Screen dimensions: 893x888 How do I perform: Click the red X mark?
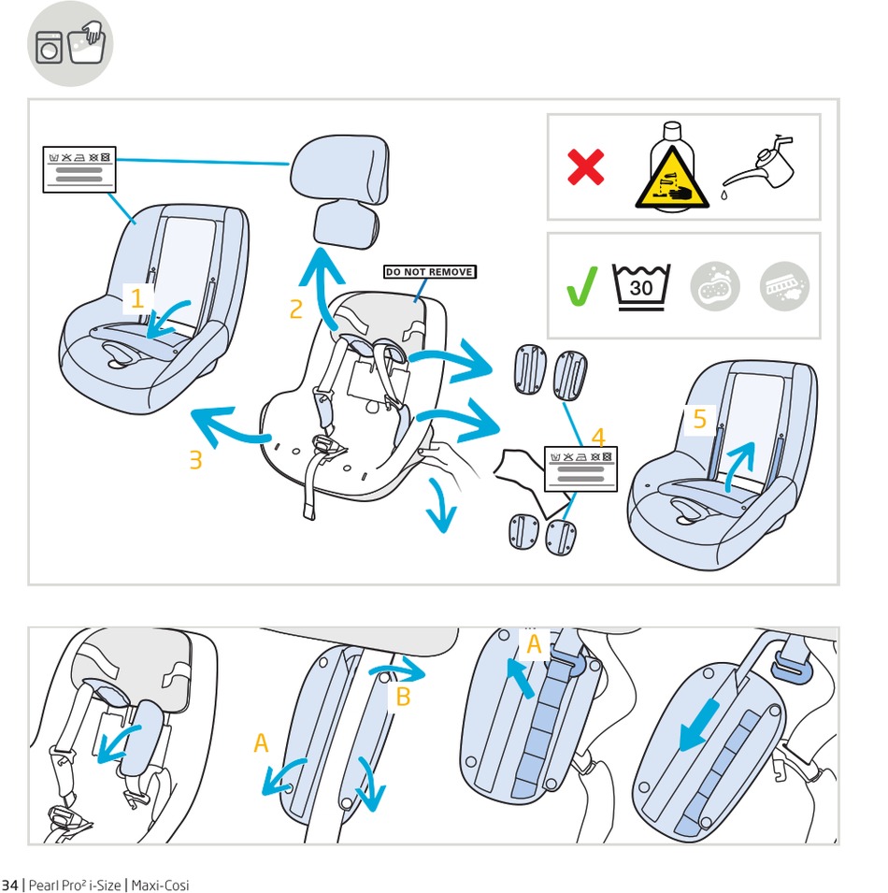586,167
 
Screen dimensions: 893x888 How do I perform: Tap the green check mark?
582,285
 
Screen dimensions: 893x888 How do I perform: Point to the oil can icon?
758,166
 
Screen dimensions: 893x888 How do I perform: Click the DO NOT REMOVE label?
429,272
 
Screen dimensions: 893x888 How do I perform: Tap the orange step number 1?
137,299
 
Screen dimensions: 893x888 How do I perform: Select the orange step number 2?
296,309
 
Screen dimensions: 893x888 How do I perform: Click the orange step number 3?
195,460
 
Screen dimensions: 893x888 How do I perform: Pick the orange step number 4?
598,436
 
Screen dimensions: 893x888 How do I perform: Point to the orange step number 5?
700,420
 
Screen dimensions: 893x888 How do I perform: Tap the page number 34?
10,885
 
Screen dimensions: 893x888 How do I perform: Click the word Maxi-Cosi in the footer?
160,885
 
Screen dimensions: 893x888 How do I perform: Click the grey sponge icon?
715,285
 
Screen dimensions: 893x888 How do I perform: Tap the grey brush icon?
784,285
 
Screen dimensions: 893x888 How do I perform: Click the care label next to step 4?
580,468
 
